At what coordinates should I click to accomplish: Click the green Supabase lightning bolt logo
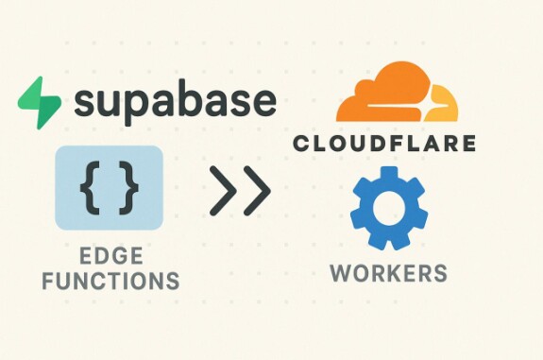[x=39, y=103]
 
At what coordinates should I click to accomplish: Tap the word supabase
[x=176, y=103]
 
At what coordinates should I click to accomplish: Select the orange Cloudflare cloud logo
[x=397, y=92]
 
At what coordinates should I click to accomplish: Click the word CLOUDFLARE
[x=384, y=143]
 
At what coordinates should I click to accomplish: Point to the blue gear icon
[x=389, y=208]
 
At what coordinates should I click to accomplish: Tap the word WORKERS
[x=388, y=273]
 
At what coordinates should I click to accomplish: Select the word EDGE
[x=110, y=256]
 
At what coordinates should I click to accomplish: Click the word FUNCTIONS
[x=110, y=281]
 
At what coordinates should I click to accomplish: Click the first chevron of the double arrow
[x=223, y=190]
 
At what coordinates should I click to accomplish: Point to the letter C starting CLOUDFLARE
[x=301, y=143]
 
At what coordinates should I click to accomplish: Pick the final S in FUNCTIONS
[x=173, y=281]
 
